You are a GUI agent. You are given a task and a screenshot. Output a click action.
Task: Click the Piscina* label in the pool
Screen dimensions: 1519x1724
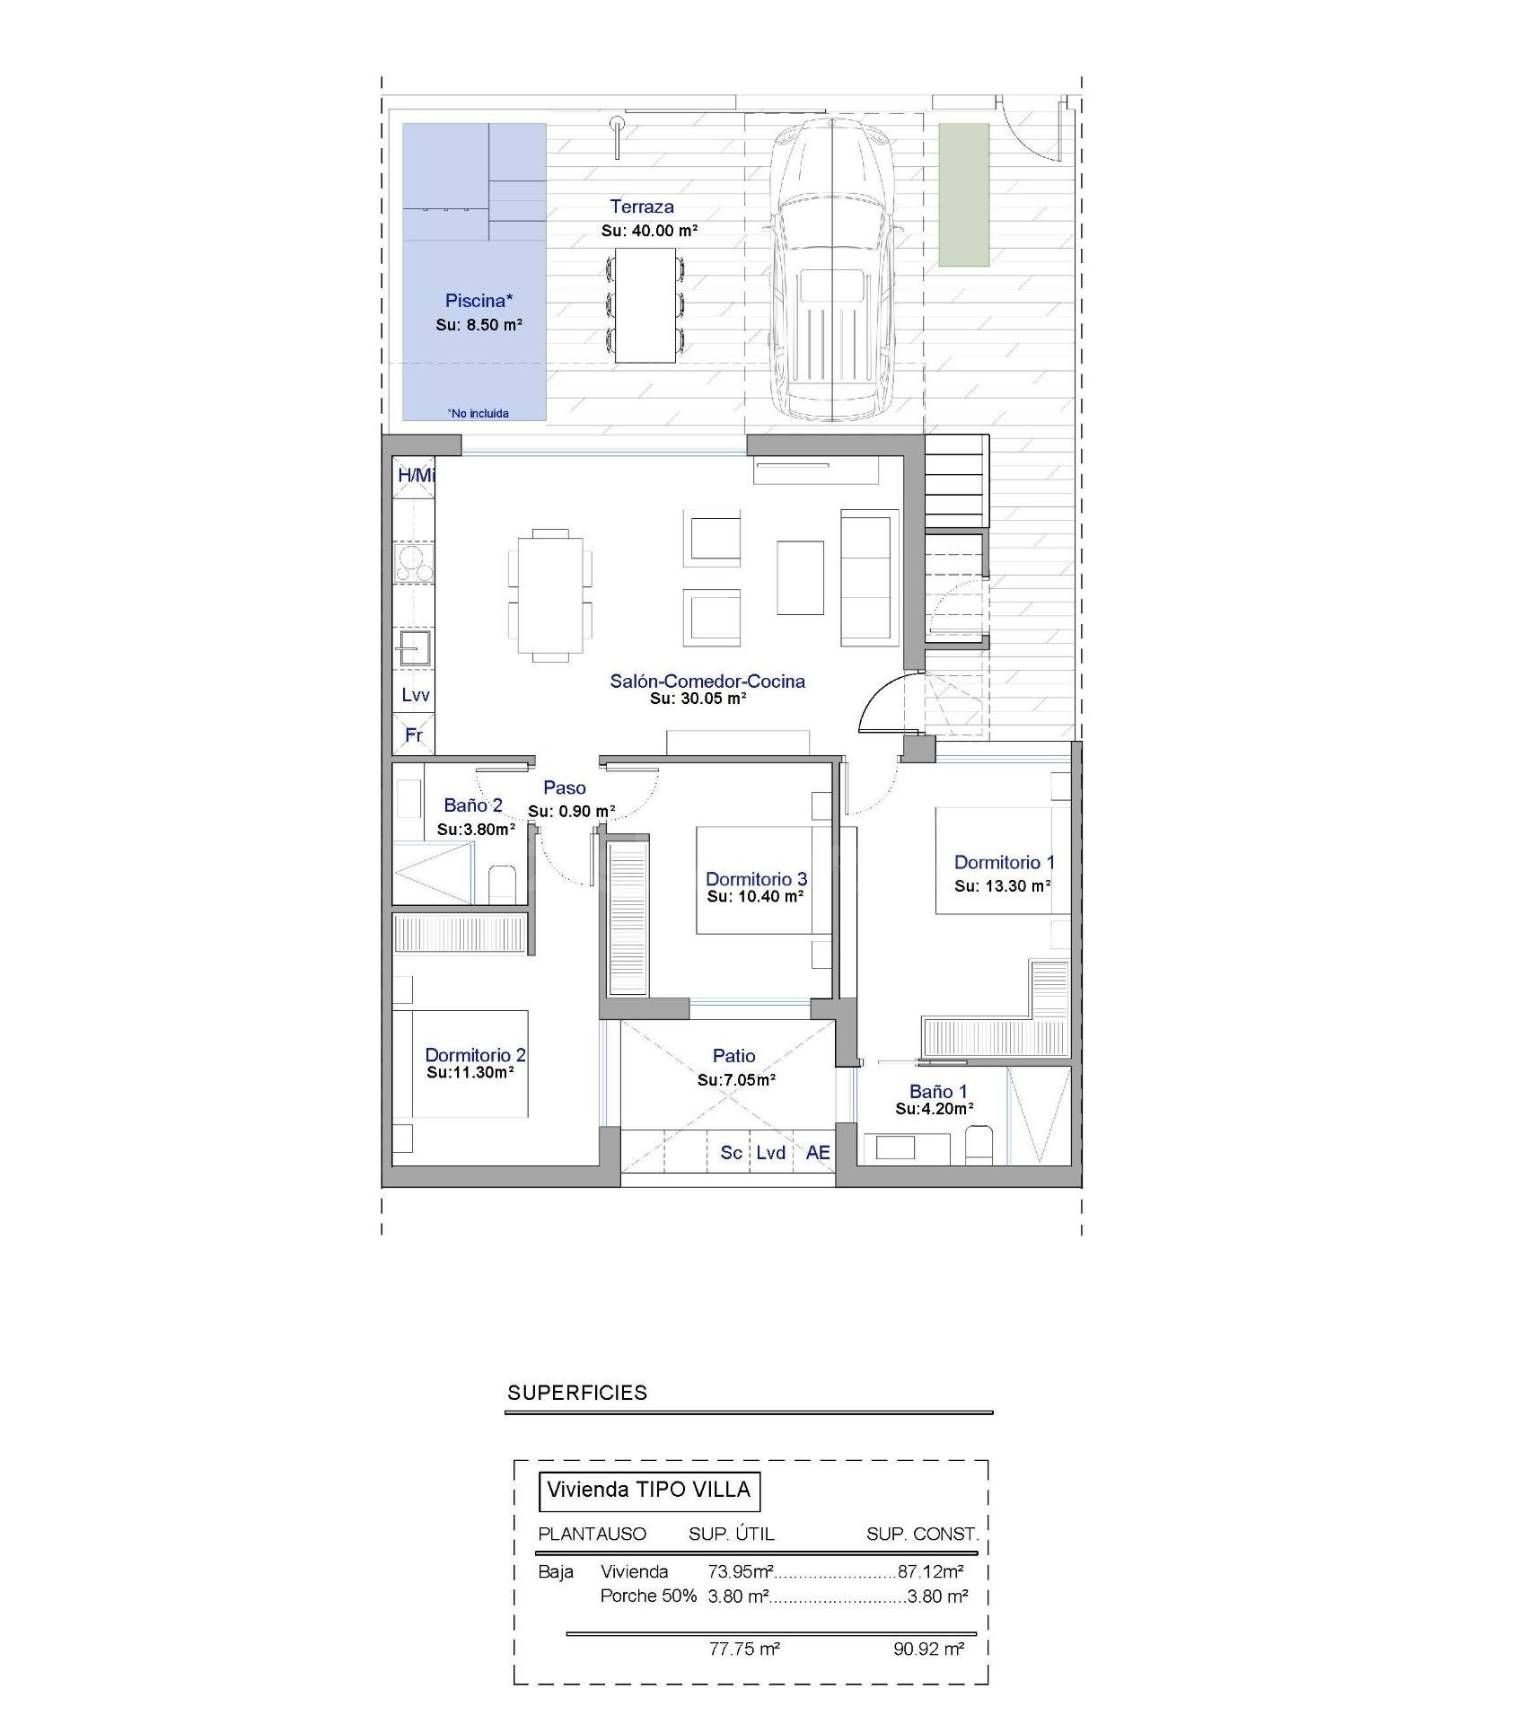click(x=479, y=301)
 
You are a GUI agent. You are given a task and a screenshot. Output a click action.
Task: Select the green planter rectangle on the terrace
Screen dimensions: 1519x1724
click(x=963, y=195)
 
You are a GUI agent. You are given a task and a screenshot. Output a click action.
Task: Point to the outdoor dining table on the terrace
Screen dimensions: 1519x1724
click(x=645, y=305)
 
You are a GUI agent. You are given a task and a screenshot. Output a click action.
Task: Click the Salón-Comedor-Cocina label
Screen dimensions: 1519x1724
click(x=707, y=681)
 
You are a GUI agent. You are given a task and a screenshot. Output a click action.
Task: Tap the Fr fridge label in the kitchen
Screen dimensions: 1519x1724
click(x=414, y=735)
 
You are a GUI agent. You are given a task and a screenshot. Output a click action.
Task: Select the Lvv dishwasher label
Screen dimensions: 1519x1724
click(x=415, y=695)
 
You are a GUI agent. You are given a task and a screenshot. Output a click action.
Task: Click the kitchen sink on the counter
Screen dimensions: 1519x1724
click(x=414, y=647)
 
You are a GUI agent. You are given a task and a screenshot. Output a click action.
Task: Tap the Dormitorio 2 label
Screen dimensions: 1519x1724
click(x=475, y=1056)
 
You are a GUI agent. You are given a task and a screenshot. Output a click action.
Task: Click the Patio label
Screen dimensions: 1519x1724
click(x=733, y=1056)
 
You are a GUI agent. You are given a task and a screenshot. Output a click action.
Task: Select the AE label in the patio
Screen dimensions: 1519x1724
click(x=818, y=1153)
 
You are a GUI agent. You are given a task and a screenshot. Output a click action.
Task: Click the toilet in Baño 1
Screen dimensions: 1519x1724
click(x=979, y=1146)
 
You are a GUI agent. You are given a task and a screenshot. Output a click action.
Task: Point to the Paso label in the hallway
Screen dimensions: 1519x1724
click(x=565, y=788)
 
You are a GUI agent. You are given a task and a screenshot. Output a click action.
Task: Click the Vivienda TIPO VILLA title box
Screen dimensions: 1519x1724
click(x=648, y=1491)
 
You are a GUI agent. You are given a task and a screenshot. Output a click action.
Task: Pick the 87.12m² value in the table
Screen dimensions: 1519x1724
click(x=931, y=1571)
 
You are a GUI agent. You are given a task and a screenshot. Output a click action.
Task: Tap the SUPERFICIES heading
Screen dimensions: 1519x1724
click(x=577, y=1393)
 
